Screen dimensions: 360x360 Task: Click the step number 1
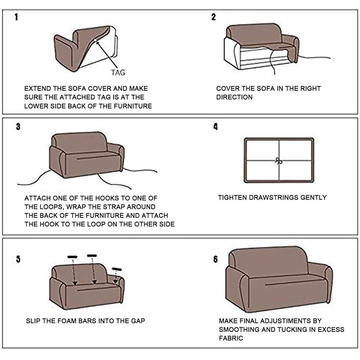point(16,18)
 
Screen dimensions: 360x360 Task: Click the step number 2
point(214,17)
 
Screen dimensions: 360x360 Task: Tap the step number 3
point(17,127)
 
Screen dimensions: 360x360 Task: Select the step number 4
point(216,127)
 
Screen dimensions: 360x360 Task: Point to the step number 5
point(18,260)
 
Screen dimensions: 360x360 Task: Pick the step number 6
point(216,259)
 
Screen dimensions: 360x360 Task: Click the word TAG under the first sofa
point(118,72)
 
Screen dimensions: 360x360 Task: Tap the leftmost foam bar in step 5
point(72,257)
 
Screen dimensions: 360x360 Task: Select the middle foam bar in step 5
point(92,256)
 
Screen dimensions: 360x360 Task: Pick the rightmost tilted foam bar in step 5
point(117,269)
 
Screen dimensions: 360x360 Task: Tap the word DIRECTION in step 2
point(234,97)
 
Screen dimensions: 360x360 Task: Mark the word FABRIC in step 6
point(231,338)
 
